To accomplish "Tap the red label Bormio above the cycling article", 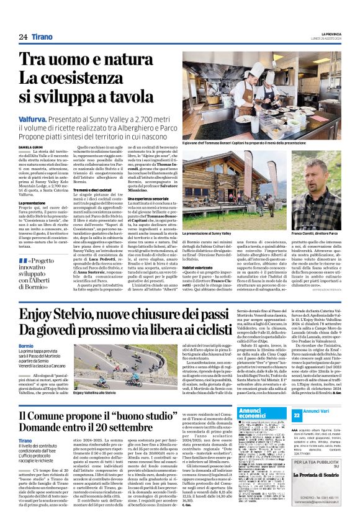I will point(26,345).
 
